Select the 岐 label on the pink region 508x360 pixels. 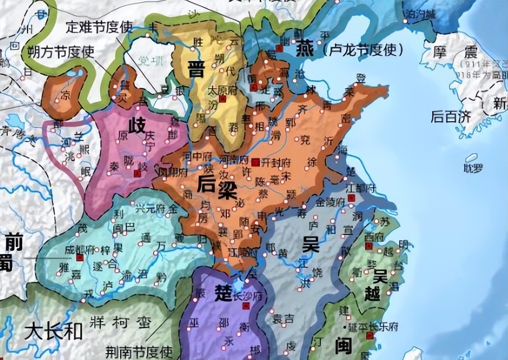point(137,127)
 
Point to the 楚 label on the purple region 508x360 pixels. point(223,294)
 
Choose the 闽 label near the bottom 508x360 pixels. point(343,345)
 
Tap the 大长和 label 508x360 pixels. point(54,332)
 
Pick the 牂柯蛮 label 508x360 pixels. point(120,323)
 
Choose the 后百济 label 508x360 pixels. point(450,117)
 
